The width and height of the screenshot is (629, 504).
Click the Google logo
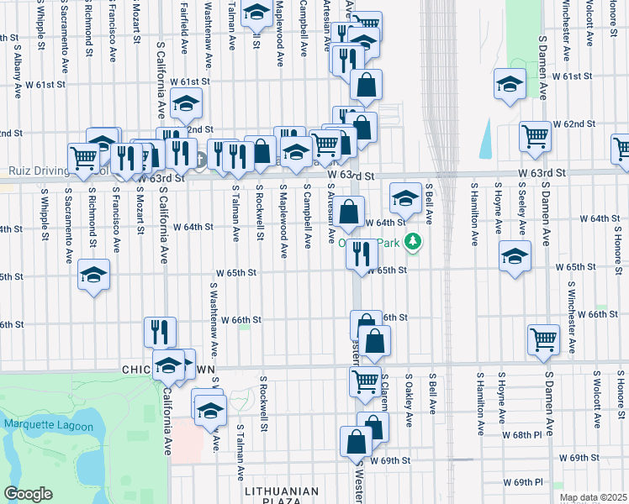pos(28,495)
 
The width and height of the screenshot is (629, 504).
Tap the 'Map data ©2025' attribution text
pos(593,497)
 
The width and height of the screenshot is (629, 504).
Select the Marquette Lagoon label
pos(40,424)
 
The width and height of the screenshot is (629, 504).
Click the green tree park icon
pos(413,244)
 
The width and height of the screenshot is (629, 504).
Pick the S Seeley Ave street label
pos(523,210)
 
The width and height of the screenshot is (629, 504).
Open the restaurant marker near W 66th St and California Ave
pos(159,331)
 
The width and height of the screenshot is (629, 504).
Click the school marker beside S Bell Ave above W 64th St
pos(405,198)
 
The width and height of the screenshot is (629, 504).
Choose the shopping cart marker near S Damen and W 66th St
pos(544,339)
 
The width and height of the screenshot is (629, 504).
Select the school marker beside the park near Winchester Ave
pos(509,85)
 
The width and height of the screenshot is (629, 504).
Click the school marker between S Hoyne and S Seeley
pos(515,255)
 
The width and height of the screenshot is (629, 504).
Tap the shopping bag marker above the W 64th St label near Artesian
pos(351,210)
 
